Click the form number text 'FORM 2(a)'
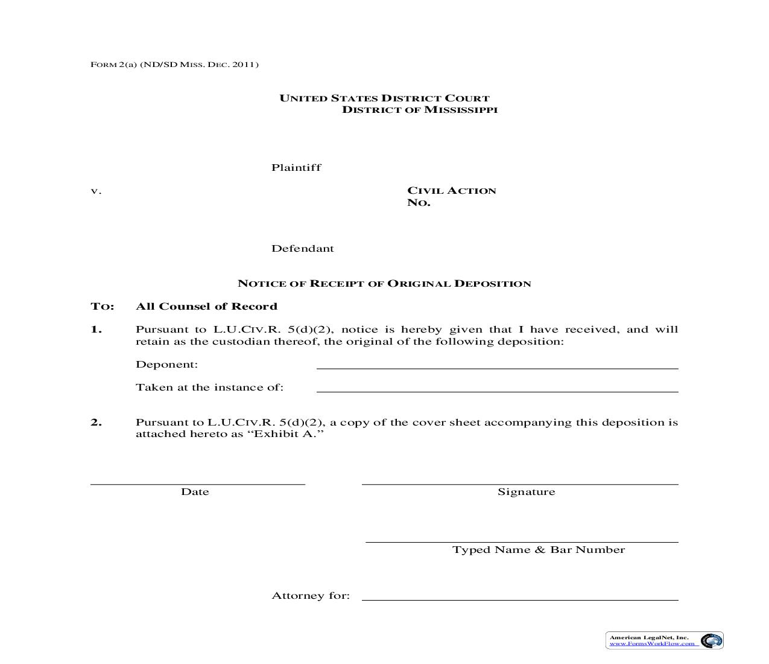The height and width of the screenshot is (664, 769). click(x=113, y=65)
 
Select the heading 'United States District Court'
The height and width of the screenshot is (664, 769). click(x=384, y=98)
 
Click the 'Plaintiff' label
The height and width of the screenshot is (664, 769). click(x=296, y=168)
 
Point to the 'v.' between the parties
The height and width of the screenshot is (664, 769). click(x=96, y=191)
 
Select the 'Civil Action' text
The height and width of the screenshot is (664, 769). click(x=451, y=191)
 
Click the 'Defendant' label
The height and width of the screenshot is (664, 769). click(x=302, y=249)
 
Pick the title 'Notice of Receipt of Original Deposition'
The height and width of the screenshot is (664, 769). click(x=384, y=284)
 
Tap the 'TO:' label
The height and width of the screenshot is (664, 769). click(x=102, y=307)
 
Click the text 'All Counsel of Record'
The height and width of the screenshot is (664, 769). click(x=206, y=307)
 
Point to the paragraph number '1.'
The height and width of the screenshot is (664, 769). click(x=97, y=330)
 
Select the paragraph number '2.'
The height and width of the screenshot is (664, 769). click(x=97, y=423)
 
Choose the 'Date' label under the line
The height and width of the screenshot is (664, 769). click(x=195, y=492)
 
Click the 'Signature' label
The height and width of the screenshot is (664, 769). click(x=526, y=492)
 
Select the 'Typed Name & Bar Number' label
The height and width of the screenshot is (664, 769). click(x=538, y=550)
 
